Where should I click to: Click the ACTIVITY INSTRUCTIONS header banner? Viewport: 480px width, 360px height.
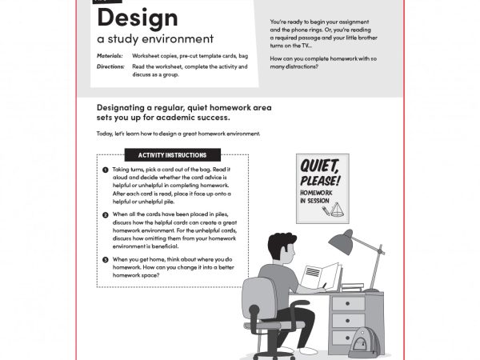click(172, 155)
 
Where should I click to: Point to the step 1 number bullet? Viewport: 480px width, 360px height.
click(106, 170)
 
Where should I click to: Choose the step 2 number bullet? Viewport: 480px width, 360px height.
click(106, 215)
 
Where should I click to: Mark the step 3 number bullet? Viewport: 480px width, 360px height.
click(106, 260)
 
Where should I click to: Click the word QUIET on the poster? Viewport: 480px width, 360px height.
click(319, 167)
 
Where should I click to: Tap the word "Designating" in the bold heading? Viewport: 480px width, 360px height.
click(127, 108)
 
